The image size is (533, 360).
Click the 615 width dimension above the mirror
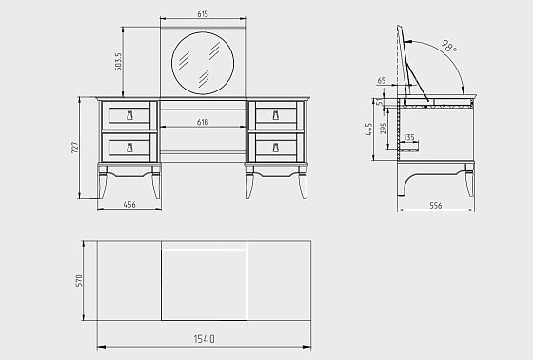click(x=203, y=14)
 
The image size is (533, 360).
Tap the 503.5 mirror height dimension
click(x=118, y=62)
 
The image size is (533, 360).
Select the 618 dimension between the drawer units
click(x=203, y=122)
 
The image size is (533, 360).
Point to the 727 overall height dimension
click(x=75, y=148)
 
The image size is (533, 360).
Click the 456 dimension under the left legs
click(x=129, y=204)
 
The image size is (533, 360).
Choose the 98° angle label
click(x=449, y=47)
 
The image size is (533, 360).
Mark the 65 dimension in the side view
click(x=382, y=81)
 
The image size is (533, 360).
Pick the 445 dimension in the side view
click(x=369, y=130)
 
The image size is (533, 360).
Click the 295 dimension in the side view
click(x=384, y=129)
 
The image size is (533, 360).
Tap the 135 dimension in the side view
click(x=409, y=137)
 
